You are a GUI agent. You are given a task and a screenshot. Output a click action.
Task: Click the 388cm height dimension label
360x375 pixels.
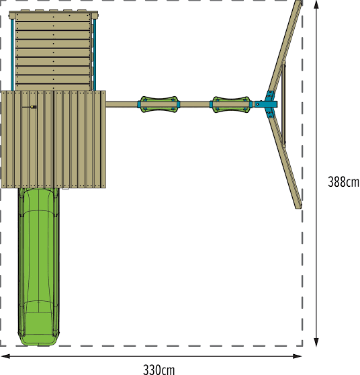(x=343, y=181)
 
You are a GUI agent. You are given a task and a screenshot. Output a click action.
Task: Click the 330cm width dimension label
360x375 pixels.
(x=159, y=369)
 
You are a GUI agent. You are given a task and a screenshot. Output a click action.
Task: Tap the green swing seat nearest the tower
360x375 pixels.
(x=159, y=104)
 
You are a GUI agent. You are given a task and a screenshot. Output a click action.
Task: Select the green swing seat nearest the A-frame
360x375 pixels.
(x=231, y=105)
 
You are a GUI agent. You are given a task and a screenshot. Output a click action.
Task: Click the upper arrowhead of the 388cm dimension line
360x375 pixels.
(x=316, y=5)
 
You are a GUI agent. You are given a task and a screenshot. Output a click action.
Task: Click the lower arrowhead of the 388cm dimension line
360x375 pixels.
(x=316, y=342)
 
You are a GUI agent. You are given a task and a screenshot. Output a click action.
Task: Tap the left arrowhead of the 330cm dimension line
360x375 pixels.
(x=5, y=356)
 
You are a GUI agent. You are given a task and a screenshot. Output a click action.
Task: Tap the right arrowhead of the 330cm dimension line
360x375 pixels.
(x=298, y=356)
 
